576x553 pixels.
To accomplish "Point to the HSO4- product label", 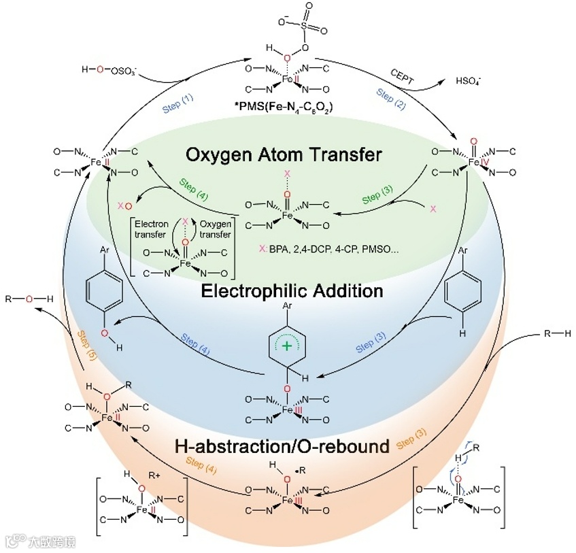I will tap(470, 82).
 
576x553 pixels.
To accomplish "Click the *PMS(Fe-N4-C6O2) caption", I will tap(288, 106).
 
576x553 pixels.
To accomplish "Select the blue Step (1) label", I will tap(177, 103).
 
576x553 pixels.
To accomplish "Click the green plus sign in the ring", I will tap(288, 347).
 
